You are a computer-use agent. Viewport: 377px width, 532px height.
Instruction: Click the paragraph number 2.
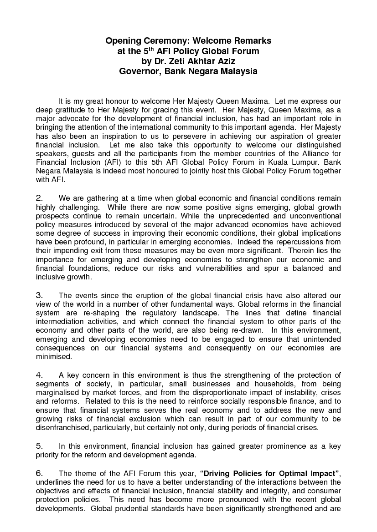point(39,198)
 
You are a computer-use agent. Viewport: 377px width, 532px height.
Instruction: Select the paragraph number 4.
point(39,375)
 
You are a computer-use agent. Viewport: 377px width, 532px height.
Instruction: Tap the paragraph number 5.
point(39,446)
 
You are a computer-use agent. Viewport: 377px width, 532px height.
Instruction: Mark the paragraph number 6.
point(39,473)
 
